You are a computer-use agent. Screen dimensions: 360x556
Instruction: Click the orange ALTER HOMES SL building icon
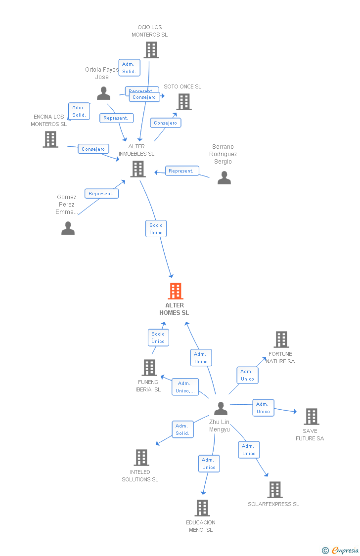[x=176, y=291]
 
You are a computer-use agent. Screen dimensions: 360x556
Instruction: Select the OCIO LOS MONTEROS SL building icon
[x=151, y=50]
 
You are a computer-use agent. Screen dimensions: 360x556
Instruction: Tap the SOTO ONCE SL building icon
[x=184, y=102]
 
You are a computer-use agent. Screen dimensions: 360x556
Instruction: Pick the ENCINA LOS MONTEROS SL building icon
[x=50, y=139]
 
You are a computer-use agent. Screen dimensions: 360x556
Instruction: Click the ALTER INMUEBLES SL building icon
[x=138, y=169]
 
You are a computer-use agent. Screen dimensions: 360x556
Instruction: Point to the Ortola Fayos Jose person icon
[x=103, y=93]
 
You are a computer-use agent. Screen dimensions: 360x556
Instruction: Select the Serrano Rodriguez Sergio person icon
[x=224, y=178]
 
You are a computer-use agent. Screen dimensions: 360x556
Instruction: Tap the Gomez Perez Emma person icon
[x=68, y=228]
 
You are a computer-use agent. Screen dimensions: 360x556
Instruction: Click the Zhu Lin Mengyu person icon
[x=221, y=409]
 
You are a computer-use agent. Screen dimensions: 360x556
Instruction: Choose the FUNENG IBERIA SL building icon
[x=149, y=368]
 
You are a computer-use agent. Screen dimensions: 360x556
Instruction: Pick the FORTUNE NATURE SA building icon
[x=281, y=340]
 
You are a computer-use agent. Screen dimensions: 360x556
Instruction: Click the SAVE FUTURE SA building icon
[x=311, y=417]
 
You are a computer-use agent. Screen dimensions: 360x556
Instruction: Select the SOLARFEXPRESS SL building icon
[x=275, y=490]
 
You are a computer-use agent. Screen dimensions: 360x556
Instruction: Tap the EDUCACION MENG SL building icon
[x=202, y=508]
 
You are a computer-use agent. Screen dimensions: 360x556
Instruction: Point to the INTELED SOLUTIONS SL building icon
[x=141, y=458]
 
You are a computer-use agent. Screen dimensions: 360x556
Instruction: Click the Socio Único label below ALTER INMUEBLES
[x=156, y=229]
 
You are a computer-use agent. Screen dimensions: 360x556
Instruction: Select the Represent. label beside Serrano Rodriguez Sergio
[x=181, y=171]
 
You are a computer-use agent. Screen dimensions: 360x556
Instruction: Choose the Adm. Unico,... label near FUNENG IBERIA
[x=185, y=387]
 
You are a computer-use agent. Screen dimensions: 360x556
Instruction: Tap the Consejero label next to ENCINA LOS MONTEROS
[x=93, y=149]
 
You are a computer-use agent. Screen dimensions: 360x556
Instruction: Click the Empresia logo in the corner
[x=341, y=550]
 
